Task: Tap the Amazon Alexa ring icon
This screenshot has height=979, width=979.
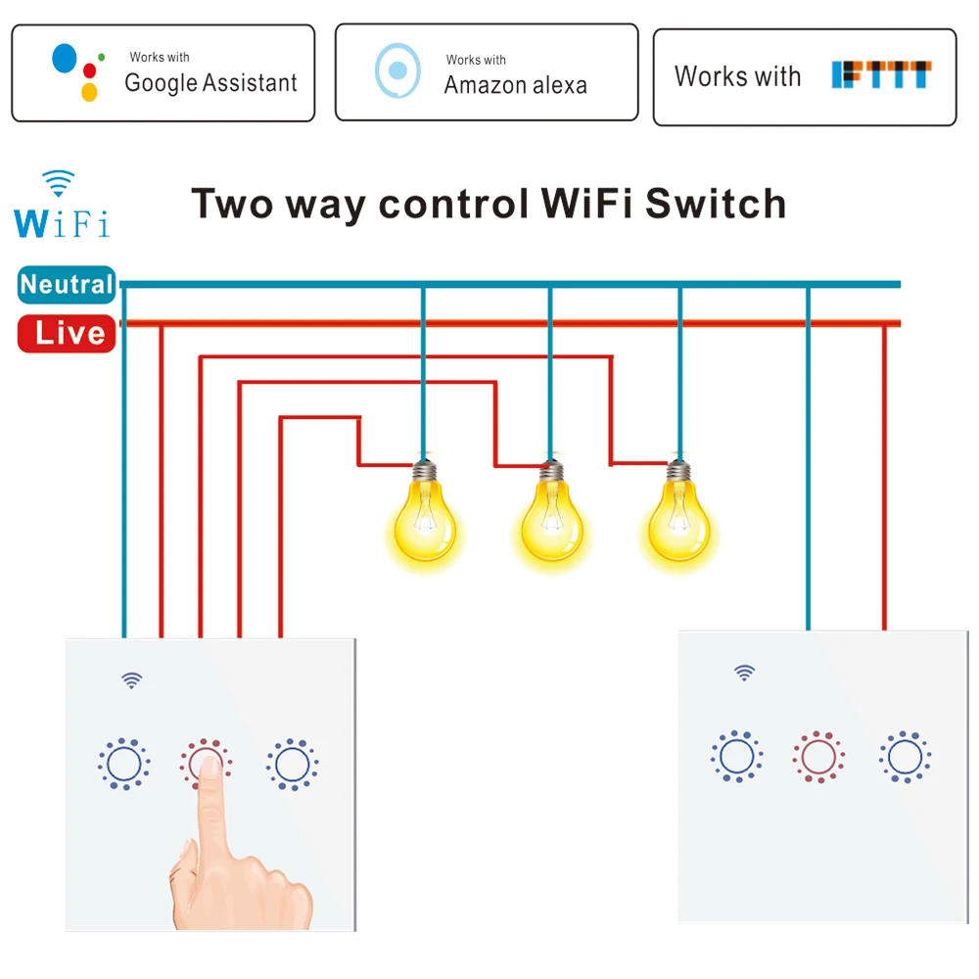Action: click(397, 70)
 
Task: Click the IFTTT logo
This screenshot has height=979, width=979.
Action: click(881, 75)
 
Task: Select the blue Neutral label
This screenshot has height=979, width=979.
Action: click(67, 285)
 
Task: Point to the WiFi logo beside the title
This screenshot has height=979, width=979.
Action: click(61, 206)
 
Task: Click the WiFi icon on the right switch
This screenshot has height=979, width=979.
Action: click(745, 673)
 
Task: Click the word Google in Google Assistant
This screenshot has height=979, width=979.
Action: click(161, 83)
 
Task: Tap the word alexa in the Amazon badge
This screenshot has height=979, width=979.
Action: click(554, 85)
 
